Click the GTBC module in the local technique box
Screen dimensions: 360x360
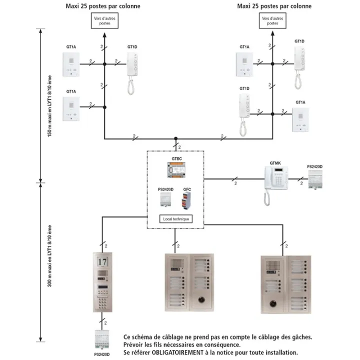pos(176,170)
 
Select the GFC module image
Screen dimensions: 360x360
pos(186,200)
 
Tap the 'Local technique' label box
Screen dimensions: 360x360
pos(176,219)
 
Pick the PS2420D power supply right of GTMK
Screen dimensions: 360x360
pos(315,179)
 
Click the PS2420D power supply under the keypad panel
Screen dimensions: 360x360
pos(102,339)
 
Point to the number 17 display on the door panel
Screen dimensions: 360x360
pos(102,261)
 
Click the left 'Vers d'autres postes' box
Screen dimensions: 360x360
pos(104,20)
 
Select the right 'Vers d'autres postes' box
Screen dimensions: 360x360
pos(272,20)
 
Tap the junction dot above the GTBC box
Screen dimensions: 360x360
pos(176,138)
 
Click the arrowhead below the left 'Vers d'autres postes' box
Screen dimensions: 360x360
pos(104,35)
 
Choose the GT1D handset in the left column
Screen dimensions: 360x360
pos(132,73)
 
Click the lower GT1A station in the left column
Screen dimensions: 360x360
pos(71,108)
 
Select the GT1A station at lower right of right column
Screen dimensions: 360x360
pos(300,119)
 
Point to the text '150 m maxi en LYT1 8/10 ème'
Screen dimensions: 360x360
pos(49,106)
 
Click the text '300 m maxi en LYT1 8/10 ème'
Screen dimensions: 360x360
pos(49,256)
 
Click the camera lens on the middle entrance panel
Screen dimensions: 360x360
pos(201,299)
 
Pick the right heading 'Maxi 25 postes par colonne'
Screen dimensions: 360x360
pos(274,6)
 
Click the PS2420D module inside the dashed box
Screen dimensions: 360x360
pos(165,199)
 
